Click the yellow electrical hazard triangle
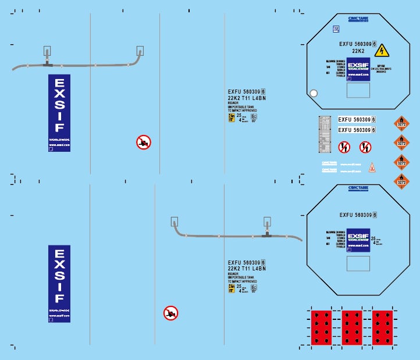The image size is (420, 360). (382, 51)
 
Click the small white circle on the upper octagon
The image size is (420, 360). (314, 92)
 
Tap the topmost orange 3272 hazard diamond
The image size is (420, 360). (401, 123)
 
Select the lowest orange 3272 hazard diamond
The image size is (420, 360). (401, 181)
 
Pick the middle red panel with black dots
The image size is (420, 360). (353, 327)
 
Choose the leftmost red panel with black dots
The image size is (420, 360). (321, 327)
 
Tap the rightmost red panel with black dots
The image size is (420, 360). (382, 327)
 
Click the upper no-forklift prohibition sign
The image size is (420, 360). (144, 142)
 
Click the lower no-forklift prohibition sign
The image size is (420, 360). (170, 313)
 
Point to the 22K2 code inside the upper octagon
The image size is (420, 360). (358, 51)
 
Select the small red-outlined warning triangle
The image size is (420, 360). (372, 167)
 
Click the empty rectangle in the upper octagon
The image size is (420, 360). (358, 90)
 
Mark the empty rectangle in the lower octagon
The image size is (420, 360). (358, 263)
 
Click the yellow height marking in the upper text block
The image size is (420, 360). (231, 117)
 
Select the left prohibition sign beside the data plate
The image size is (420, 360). (344, 147)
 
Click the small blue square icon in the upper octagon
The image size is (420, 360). (336, 28)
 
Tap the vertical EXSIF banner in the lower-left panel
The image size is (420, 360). (59, 284)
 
